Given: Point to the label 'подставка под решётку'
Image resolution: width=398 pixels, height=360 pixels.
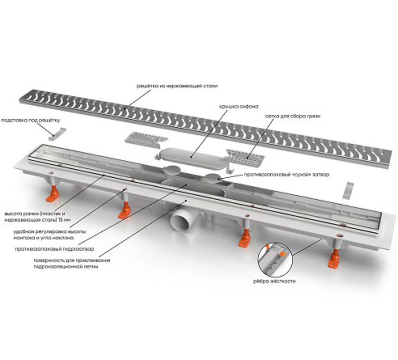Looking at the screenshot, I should [x=31, y=121].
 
